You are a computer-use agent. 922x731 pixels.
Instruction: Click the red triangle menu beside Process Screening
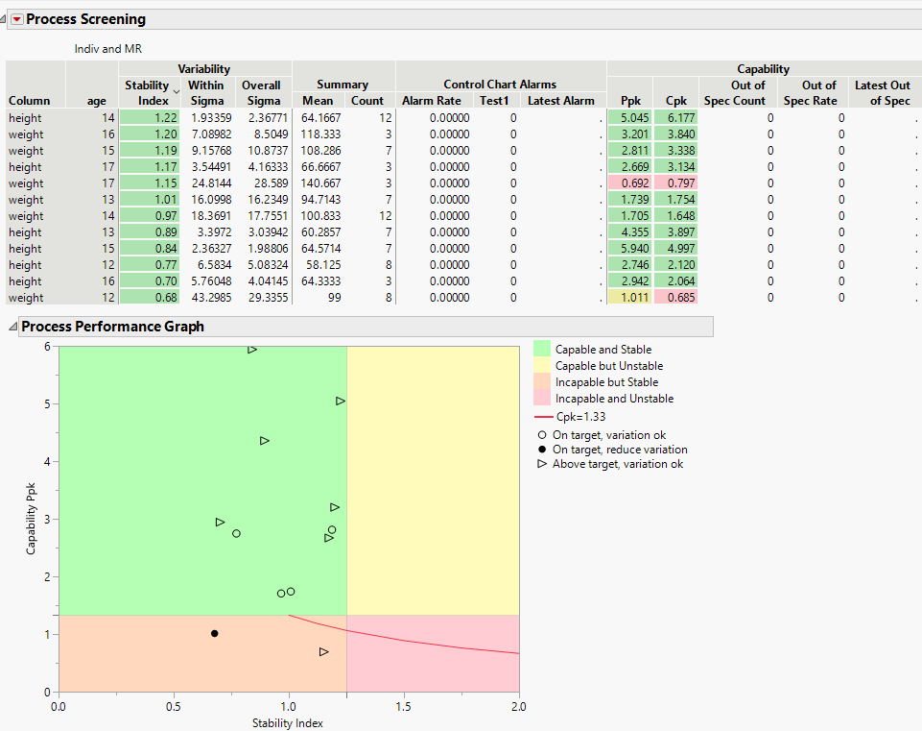(16, 19)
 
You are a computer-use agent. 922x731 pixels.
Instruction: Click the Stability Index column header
(147, 92)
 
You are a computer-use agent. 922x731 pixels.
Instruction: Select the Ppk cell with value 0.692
(628, 183)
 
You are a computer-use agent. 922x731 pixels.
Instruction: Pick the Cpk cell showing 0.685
(675, 298)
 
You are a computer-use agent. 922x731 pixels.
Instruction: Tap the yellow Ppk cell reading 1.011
(628, 298)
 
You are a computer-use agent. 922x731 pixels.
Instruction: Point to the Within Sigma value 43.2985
(206, 298)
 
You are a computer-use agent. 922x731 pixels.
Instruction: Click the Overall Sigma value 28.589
(262, 183)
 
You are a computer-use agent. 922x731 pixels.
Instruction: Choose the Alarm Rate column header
(430, 100)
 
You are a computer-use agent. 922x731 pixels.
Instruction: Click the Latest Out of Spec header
(882, 92)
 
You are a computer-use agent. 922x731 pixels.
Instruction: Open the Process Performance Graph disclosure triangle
(12, 327)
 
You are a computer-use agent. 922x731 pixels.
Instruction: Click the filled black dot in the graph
(214, 633)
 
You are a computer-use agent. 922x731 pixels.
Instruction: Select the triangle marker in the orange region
(324, 651)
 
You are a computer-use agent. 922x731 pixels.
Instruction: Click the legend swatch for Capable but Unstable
(542, 366)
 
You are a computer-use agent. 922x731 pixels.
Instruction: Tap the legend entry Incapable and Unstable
(614, 399)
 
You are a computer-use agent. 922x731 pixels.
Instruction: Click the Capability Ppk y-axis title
(31, 518)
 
